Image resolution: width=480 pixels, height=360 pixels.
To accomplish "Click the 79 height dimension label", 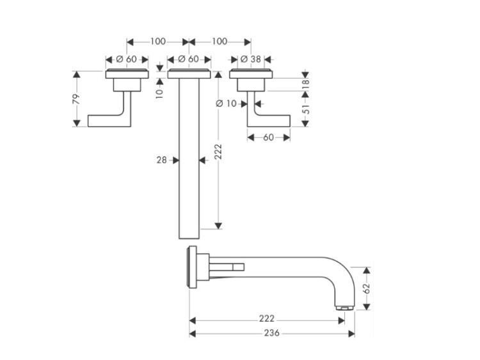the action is [x=76, y=99].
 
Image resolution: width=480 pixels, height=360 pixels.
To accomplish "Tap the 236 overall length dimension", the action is [x=272, y=333].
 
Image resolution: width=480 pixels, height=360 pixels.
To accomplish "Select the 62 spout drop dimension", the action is [x=367, y=288].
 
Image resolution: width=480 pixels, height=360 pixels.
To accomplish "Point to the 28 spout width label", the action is [x=162, y=160].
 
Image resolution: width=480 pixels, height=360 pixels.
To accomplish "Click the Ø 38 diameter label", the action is [x=251, y=59].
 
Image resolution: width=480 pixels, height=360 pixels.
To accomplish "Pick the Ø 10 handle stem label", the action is [x=226, y=104].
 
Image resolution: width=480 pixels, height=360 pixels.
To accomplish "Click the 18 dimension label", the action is [x=305, y=84].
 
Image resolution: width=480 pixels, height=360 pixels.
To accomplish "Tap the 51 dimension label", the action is [x=305, y=109].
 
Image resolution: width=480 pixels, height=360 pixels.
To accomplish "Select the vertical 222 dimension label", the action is [x=218, y=152].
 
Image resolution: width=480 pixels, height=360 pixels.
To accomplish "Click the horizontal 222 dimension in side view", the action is [x=267, y=319].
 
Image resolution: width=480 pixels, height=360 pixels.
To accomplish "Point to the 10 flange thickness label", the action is [x=159, y=93].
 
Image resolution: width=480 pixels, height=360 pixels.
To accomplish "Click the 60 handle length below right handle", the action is [x=268, y=137].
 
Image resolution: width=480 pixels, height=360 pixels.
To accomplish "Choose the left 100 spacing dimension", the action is [x=158, y=42].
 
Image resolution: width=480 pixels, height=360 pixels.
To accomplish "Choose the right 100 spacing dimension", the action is [x=220, y=42].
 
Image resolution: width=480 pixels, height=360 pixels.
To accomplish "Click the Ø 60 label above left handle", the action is [x=127, y=59].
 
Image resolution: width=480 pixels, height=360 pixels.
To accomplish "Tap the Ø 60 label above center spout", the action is [x=189, y=59].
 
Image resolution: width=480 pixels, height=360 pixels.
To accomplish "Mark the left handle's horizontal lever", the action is [x=106, y=121].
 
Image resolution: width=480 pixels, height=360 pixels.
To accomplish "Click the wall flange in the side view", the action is [x=192, y=267].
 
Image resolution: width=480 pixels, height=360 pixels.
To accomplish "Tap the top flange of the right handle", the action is [x=251, y=74].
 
